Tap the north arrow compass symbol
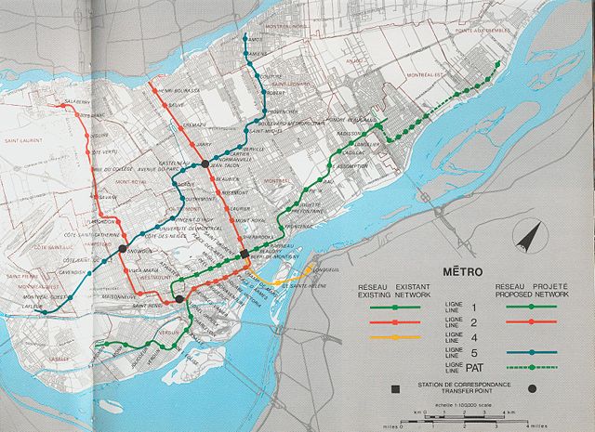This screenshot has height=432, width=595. coord(529,236)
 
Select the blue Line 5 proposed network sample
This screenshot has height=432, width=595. coord(527,352)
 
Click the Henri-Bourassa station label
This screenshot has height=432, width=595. coord(178,90)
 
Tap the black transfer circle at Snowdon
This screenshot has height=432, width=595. coord(122,248)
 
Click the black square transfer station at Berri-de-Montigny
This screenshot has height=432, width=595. coord(244,253)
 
